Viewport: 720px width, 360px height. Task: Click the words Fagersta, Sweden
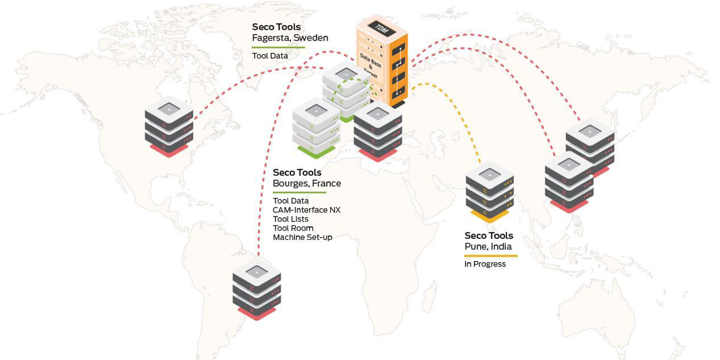click(x=290, y=38)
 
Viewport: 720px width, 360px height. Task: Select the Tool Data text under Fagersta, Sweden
click(x=270, y=56)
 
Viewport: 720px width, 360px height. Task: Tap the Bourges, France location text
click(x=307, y=184)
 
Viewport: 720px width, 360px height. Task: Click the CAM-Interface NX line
click(x=307, y=210)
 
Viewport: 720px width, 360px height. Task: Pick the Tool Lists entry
click(x=290, y=219)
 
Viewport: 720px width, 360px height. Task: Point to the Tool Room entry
click(x=293, y=228)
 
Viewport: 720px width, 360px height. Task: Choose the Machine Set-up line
click(x=302, y=237)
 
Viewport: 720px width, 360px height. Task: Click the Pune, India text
click(x=488, y=247)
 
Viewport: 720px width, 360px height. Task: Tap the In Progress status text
click(x=485, y=264)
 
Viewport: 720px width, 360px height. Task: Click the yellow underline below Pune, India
click(x=491, y=256)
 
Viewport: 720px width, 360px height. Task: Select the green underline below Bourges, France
click(x=299, y=193)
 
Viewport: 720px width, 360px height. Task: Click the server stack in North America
click(x=169, y=127)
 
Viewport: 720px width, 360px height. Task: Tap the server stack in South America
click(x=257, y=289)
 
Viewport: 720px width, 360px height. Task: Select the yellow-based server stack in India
click(x=490, y=192)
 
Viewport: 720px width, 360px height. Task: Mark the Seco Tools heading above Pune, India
click(x=488, y=236)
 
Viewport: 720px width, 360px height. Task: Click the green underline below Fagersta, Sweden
click(x=278, y=47)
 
